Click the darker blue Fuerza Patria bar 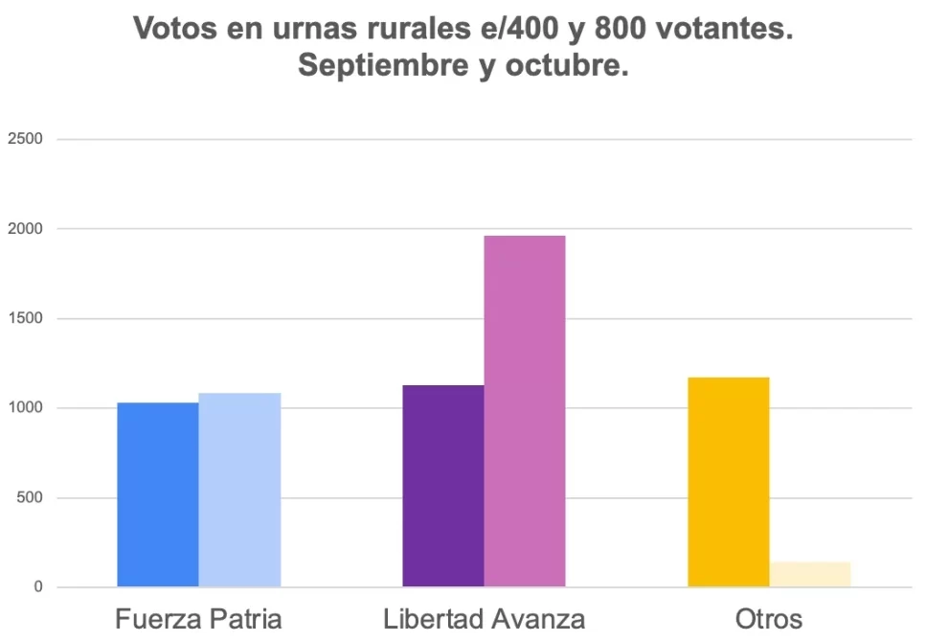pos(158,494)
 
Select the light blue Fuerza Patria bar pos(239,490)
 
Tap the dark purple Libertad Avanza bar pos(443,486)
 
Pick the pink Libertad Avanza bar pos(525,411)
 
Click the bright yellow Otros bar pos(729,482)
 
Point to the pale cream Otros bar pos(810,575)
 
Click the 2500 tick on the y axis pos(25,139)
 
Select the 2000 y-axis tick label pos(25,229)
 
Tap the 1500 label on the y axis pos(25,319)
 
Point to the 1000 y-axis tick pos(25,408)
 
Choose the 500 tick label pos(30,498)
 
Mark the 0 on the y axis pos(38,587)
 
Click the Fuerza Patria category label pos(199,618)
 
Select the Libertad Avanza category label pos(484,618)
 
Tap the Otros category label pos(769,618)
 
